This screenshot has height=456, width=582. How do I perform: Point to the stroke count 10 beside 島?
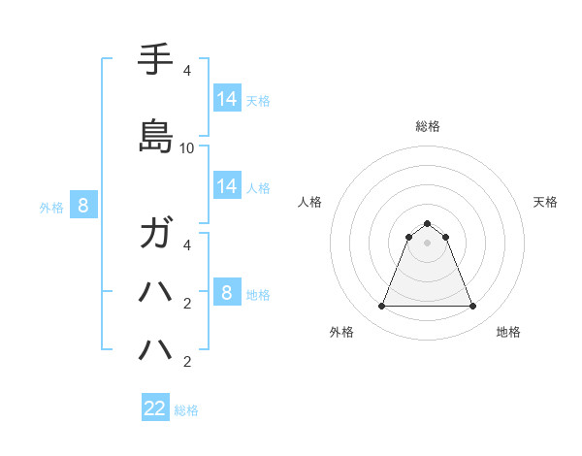[x=187, y=147]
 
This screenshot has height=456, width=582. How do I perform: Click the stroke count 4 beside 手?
[x=187, y=71]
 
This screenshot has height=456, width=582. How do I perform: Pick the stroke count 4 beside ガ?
[x=187, y=244]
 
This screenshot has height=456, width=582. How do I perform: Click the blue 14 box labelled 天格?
[x=227, y=99]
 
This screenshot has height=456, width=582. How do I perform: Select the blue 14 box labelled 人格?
[x=227, y=186]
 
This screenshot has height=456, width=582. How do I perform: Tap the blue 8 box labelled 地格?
[x=227, y=293]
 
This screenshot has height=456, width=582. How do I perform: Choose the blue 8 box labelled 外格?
[x=83, y=206]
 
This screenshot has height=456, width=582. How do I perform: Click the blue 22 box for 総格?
[x=155, y=408]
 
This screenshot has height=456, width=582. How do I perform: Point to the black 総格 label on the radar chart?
[x=428, y=126]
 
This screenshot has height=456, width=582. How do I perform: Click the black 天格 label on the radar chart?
[x=546, y=202]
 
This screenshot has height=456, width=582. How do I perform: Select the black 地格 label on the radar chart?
[x=508, y=332]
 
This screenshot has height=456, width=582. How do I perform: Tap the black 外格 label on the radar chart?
[x=341, y=332]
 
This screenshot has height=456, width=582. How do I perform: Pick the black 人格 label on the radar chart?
[x=310, y=202]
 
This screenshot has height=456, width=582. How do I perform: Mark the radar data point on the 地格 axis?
[x=472, y=307]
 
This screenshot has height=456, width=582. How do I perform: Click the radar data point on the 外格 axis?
[x=381, y=307]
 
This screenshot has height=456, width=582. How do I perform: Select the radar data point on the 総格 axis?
[x=427, y=223]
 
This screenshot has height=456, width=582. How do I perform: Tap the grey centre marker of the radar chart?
[x=427, y=243]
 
